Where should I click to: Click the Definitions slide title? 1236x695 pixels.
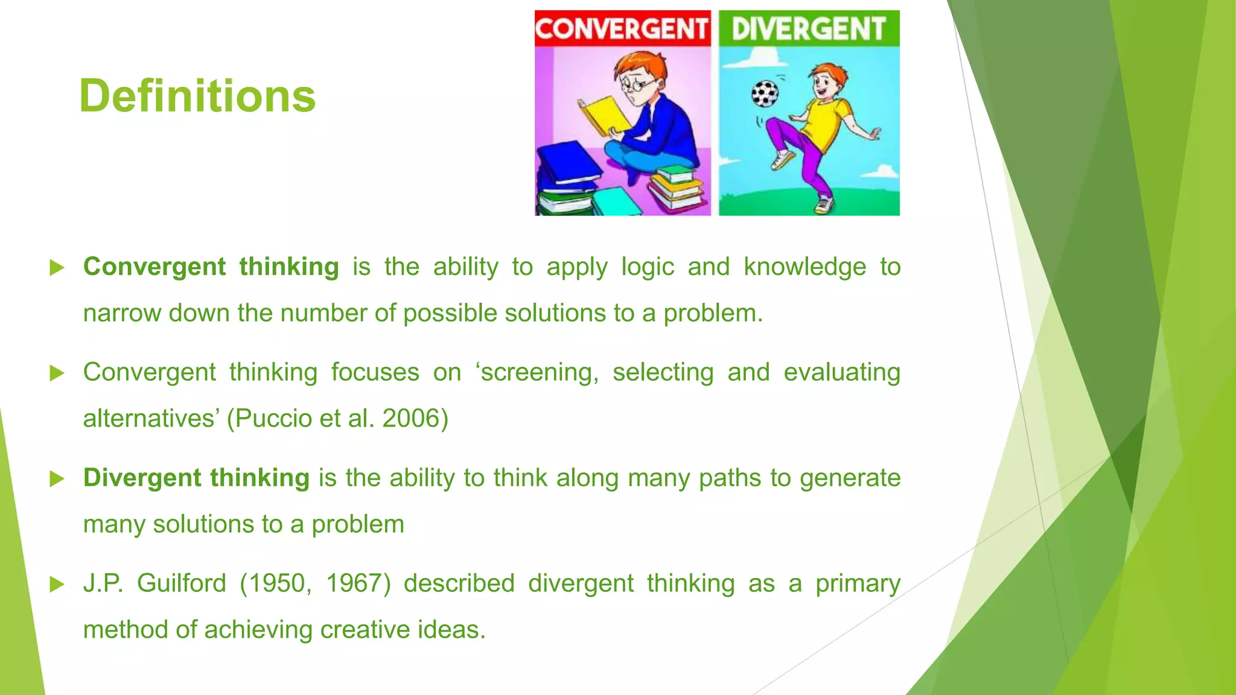[197, 96]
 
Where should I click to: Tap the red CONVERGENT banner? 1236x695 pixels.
[622, 28]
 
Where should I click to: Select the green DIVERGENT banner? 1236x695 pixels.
[809, 28]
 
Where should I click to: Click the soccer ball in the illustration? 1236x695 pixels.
[765, 94]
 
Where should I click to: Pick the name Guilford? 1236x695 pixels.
[181, 583]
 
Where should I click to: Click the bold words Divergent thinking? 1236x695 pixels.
[196, 478]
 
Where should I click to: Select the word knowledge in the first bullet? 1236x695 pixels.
[804, 267]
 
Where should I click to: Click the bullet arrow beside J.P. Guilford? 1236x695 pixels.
[57, 584]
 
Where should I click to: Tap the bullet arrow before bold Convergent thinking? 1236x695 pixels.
[57, 267]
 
